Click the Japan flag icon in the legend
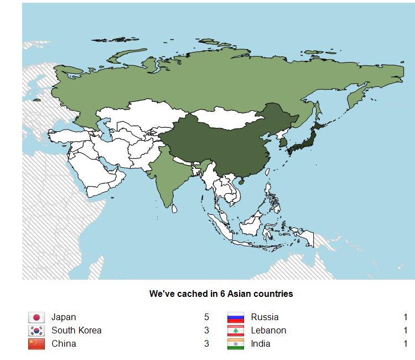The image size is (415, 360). coord(37,317)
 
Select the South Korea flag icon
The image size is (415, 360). coord(37,331)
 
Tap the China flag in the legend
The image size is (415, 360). coord(37,344)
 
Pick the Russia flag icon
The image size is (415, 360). coord(236,317)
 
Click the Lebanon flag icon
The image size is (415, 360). coord(236,331)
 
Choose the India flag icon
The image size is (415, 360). coord(236,344)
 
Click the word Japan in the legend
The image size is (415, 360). coord(64,317)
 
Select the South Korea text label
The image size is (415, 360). coord(76,331)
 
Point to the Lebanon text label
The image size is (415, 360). coord(268,331)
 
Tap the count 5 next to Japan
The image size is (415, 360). coord(206,317)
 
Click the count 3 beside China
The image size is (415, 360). coord(206,344)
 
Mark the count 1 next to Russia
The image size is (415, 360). coord(406,317)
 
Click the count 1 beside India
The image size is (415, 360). coord(406,344)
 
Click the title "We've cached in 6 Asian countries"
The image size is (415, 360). coord(221,294)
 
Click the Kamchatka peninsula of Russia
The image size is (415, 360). coord(355,97)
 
